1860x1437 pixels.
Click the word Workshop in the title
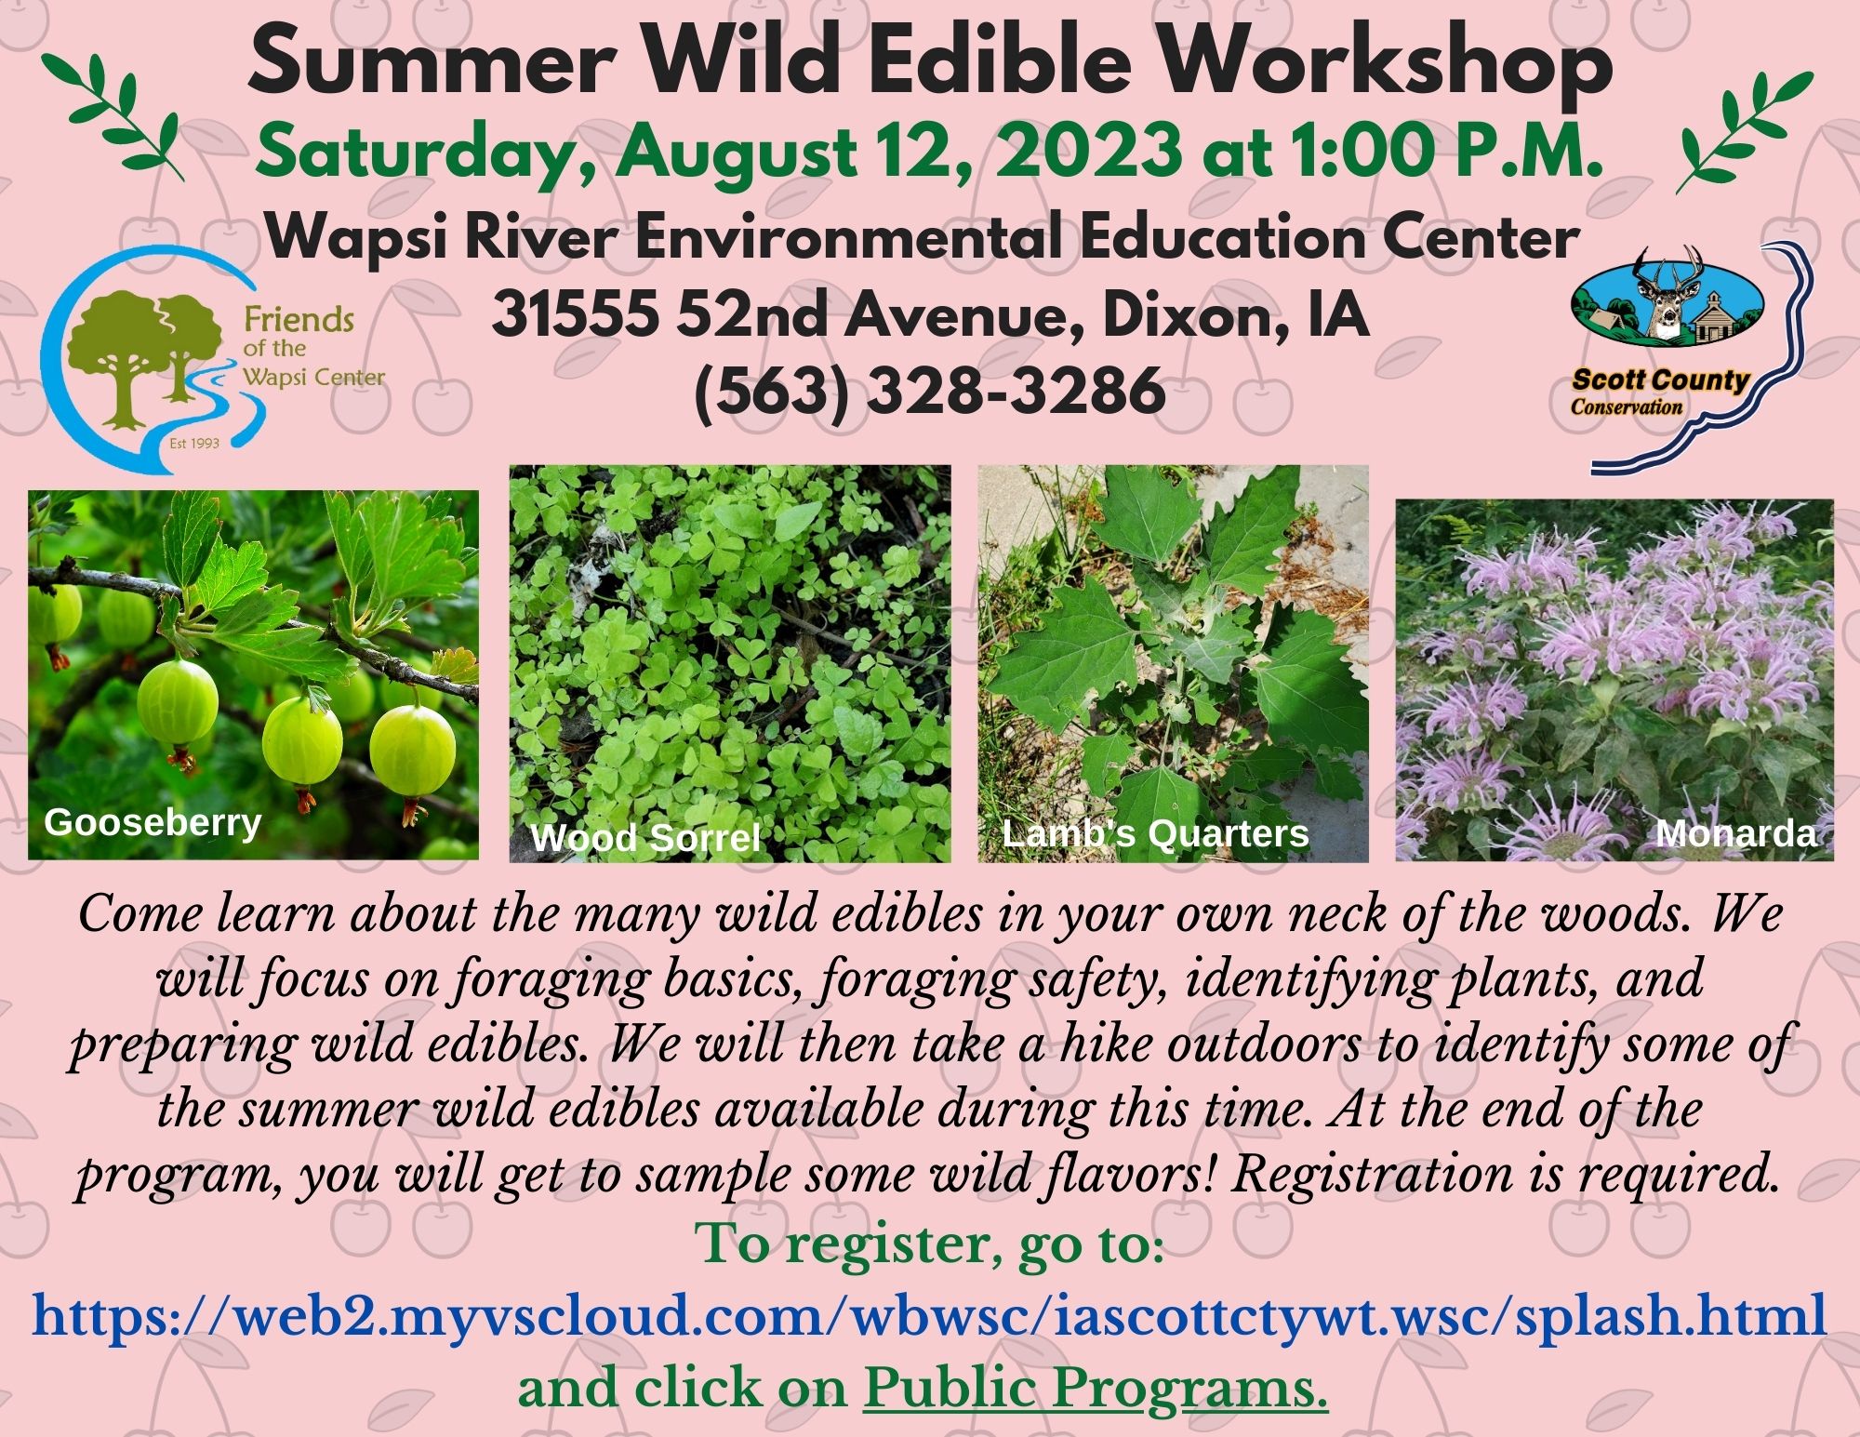[x=1384, y=62]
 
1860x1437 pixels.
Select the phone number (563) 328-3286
[x=930, y=390]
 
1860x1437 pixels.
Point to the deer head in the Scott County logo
[x=1667, y=298]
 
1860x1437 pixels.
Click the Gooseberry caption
[x=153, y=822]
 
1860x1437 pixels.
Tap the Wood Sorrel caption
[x=645, y=838]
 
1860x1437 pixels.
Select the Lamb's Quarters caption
[x=1155, y=833]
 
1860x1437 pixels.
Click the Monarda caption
[x=1735, y=833]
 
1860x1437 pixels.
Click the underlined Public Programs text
[x=1096, y=1389]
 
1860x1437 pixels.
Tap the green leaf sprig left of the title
[x=113, y=109]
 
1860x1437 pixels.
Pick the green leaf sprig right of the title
[x=1744, y=129]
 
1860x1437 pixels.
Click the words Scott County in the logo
[x=1661, y=380]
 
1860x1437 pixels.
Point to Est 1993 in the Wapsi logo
[x=194, y=443]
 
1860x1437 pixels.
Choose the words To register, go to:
[x=930, y=1245]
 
